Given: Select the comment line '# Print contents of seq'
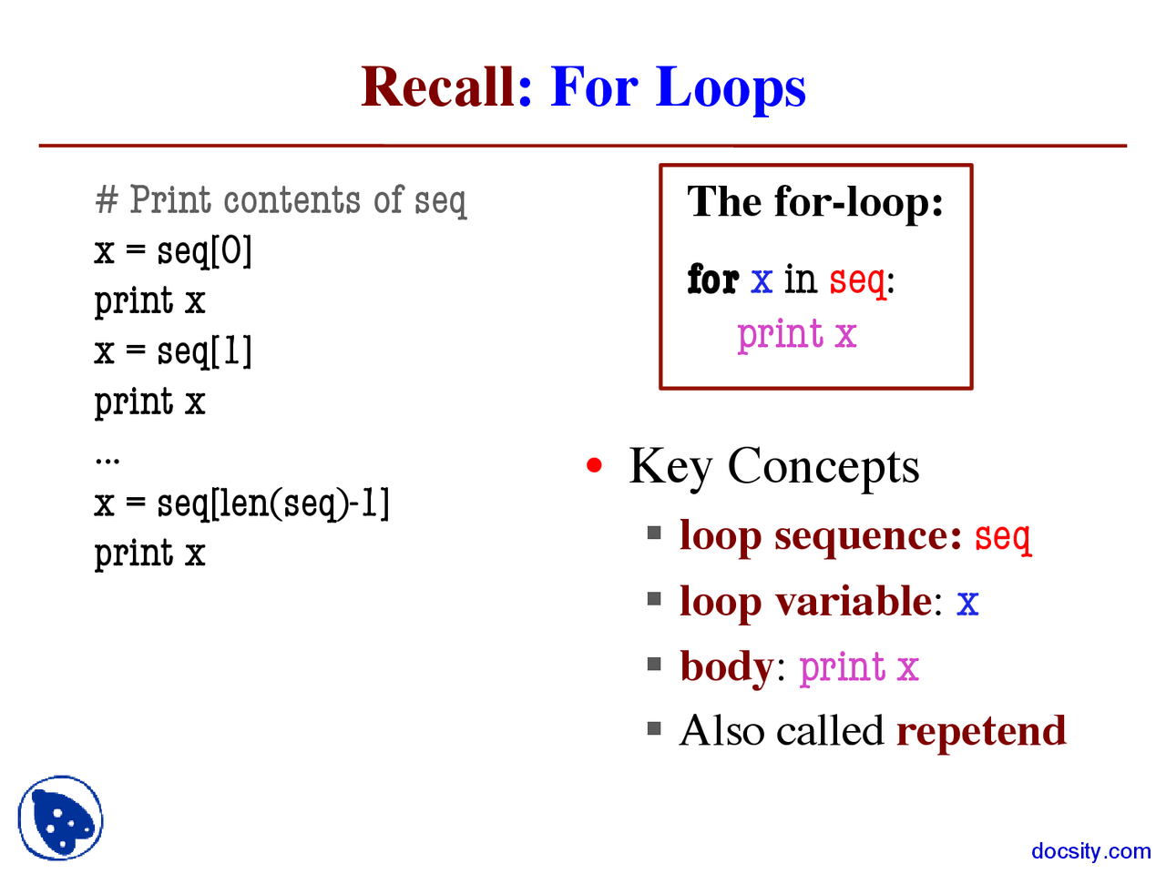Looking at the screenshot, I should pos(281,200).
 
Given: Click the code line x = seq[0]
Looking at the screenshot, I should pos(173,250).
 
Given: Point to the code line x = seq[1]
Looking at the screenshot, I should pos(173,351).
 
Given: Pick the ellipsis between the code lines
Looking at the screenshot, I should pos(107,459).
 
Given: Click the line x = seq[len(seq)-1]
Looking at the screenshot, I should pos(241,503).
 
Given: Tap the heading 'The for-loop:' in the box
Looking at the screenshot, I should pos(815,201).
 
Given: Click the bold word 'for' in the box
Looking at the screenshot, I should pos(712,279).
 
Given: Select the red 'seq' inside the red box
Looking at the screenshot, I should pos(857,280).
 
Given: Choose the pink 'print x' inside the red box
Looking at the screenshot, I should pos(797,334).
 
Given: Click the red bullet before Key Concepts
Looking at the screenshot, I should pos(595,466).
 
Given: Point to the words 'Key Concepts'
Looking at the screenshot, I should pos(773,467).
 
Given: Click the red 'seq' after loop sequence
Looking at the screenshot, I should pos(1003,537).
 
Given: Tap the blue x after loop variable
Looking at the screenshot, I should pos(967,603).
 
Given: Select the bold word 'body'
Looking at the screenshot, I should pos(726,666).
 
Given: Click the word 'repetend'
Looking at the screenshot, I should pos(981,731).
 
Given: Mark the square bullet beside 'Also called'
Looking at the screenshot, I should pos(654,728).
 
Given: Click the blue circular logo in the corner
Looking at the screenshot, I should pos(60,818).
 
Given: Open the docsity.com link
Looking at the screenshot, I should pos(1090,851).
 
